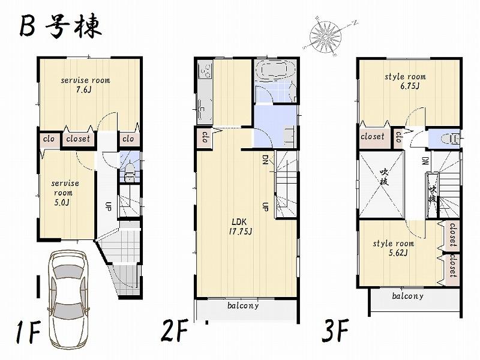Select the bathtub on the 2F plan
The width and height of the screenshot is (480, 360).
click(273, 73)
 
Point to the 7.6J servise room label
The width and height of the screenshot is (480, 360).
click(85, 85)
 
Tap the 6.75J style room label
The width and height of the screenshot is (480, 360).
click(405, 81)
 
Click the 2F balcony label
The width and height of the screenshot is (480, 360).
click(243, 305)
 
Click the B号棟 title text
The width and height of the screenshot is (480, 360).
click(60, 27)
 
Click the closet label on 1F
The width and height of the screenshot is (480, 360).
click(78, 139)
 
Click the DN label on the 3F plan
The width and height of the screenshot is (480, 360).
click(424, 161)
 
